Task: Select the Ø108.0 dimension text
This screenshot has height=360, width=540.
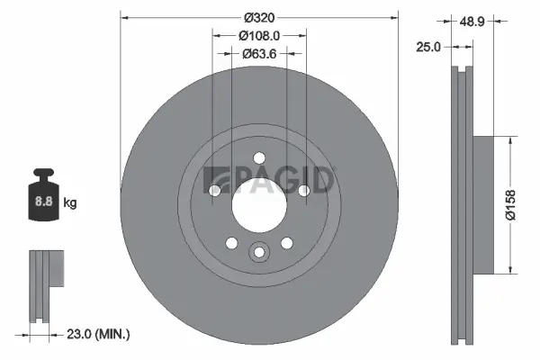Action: (259, 35)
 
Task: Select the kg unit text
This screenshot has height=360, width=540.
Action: (69, 203)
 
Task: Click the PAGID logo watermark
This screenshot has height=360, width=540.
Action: (270, 178)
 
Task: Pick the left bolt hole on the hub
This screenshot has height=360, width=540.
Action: (215, 190)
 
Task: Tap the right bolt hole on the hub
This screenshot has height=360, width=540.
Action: (303, 190)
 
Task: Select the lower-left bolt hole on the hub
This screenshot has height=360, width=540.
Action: (231, 242)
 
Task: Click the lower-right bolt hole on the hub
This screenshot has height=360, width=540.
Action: (287, 242)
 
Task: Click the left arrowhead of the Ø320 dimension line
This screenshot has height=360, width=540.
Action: (123, 16)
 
